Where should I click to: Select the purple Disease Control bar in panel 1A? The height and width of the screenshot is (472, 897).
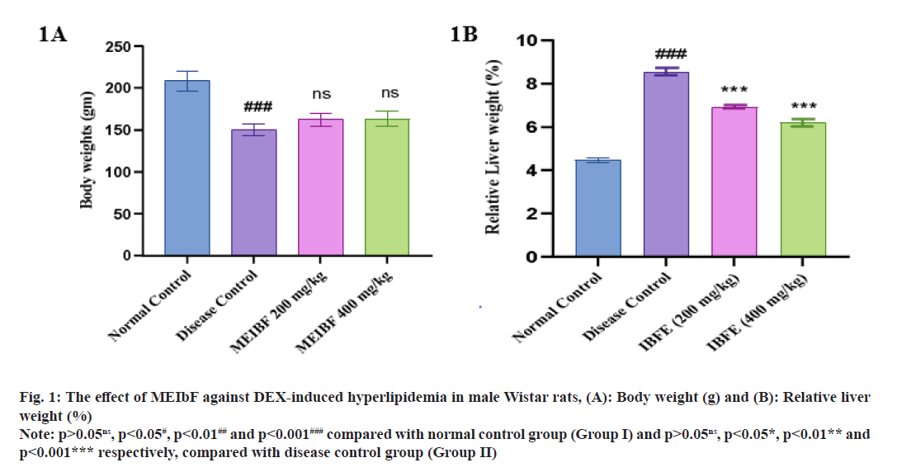259,193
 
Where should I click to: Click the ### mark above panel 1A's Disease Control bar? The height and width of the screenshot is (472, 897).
258,107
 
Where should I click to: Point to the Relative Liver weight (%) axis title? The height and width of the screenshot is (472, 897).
493,147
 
